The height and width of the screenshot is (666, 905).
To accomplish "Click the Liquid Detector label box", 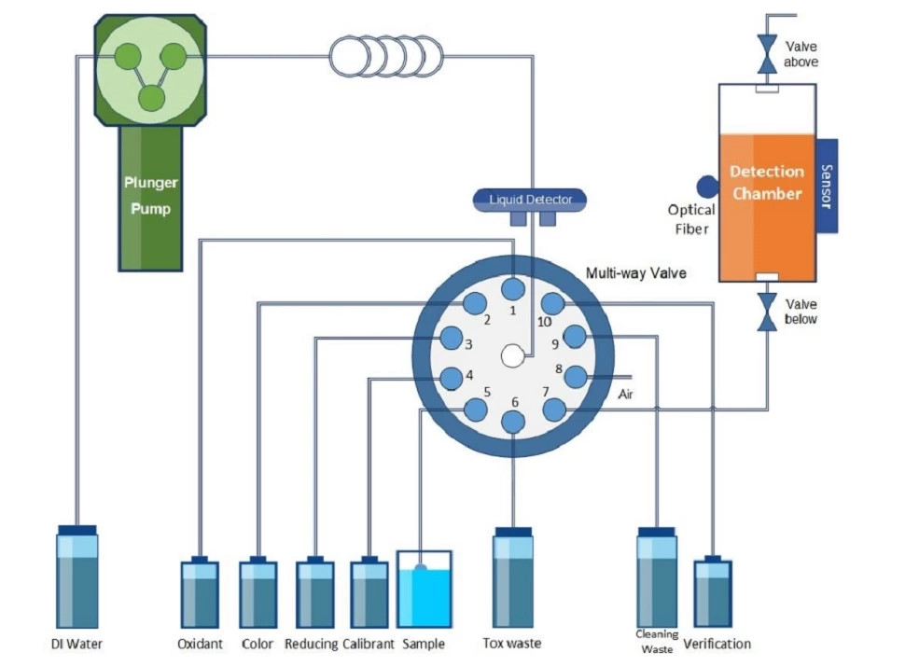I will click(528, 199).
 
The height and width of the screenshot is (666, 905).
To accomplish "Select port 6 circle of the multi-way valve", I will click(513, 422).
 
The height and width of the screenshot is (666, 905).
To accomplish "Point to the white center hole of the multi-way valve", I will click(511, 355).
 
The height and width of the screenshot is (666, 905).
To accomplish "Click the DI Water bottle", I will click(77, 578).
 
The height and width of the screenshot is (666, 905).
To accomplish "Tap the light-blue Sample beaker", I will click(425, 590).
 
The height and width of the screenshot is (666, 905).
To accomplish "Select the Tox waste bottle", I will click(513, 578).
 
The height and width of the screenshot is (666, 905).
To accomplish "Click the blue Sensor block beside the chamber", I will click(827, 186).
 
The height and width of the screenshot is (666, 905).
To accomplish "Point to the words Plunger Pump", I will click(150, 195).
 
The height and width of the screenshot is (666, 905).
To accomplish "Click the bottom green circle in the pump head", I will click(149, 96).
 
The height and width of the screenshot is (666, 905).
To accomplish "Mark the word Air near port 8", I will click(627, 395).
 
